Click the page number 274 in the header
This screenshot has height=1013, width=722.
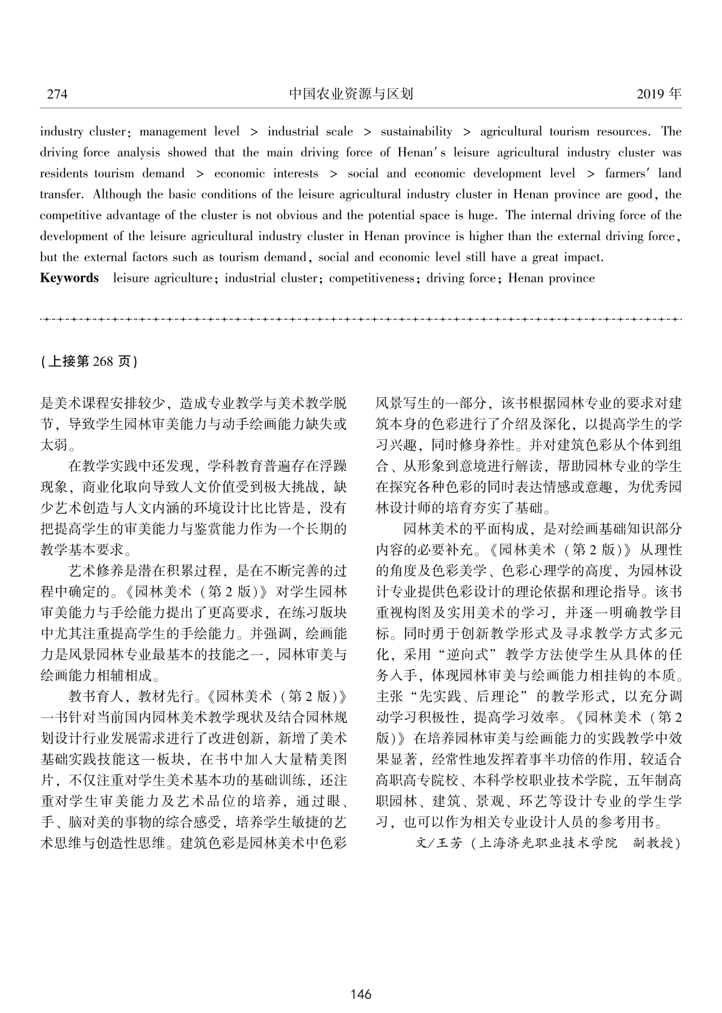[57, 94]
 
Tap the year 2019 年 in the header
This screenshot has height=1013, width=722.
[658, 94]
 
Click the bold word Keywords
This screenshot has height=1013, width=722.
[69, 278]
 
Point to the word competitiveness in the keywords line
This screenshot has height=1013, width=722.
[371, 278]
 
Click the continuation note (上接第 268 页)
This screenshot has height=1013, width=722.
[90, 361]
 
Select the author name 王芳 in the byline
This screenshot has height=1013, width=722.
[449, 843]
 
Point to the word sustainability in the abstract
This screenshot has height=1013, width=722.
[416, 132]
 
